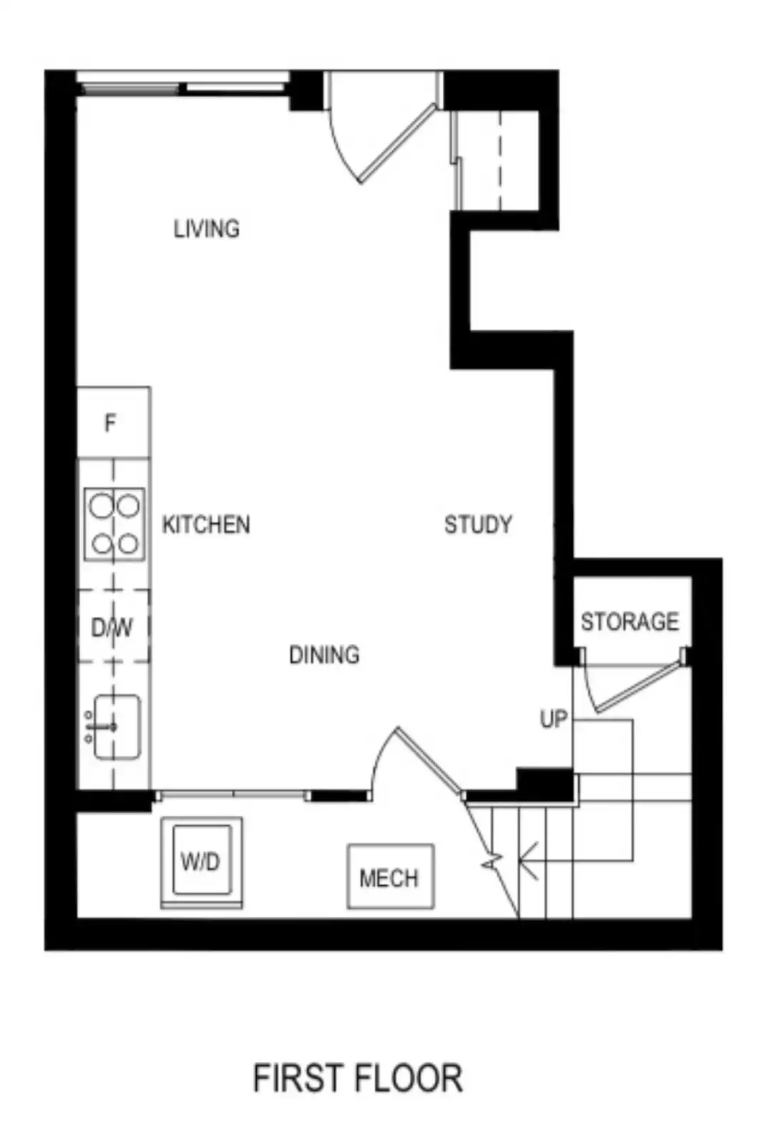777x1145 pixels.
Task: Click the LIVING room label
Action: (207, 228)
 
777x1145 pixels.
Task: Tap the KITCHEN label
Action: (206, 525)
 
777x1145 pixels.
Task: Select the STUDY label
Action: (478, 525)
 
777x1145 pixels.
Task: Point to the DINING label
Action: (325, 655)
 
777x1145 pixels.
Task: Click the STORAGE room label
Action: (630, 622)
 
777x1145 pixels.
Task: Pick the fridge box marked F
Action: (114, 422)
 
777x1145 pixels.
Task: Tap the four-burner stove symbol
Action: (114, 525)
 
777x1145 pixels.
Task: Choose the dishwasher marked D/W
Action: (114, 626)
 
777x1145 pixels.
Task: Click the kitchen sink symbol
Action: (114, 726)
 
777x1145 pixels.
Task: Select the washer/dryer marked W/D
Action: (202, 863)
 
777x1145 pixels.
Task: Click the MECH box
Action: (391, 877)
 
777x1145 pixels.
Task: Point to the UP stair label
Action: (554, 720)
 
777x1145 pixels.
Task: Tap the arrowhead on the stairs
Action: (528, 862)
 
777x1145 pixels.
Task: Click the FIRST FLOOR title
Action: (358, 1078)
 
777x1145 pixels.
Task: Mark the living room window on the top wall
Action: (182, 83)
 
